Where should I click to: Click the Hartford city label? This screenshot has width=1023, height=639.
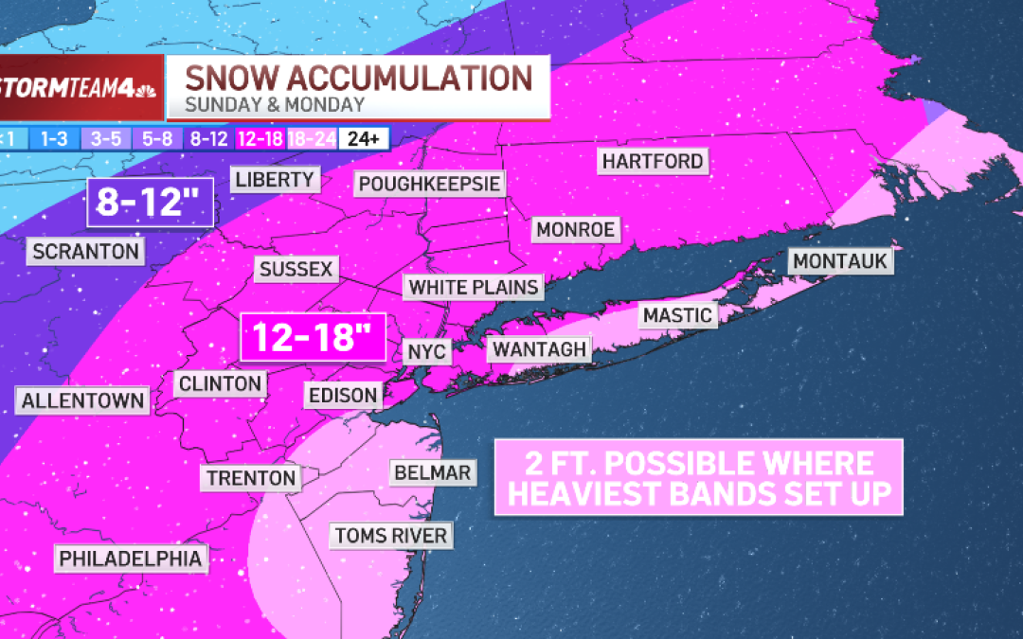pyautogui.click(x=654, y=161)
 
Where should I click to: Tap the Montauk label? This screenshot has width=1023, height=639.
pyautogui.click(x=841, y=260)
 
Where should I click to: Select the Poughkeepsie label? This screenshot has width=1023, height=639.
pyautogui.click(x=429, y=183)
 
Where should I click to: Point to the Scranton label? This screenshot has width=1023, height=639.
pyautogui.click(x=86, y=251)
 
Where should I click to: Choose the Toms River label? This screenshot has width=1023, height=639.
pyautogui.click(x=390, y=536)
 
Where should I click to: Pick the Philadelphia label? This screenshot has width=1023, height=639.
pyautogui.click(x=131, y=559)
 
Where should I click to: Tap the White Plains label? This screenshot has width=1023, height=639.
pyautogui.click(x=474, y=287)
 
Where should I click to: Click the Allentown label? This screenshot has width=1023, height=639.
pyautogui.click(x=83, y=399)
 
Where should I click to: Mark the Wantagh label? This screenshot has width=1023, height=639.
pyautogui.click(x=538, y=349)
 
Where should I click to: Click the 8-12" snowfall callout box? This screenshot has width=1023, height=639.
pyautogui.click(x=151, y=203)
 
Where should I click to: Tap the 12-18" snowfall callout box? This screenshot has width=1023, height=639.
pyautogui.click(x=313, y=337)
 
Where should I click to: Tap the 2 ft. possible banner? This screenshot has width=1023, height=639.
pyautogui.click(x=698, y=477)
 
